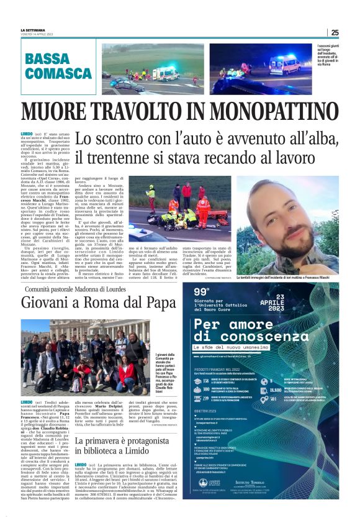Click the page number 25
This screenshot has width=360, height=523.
pos(335,32)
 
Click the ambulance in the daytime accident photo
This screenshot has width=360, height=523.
pos(165,73)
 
